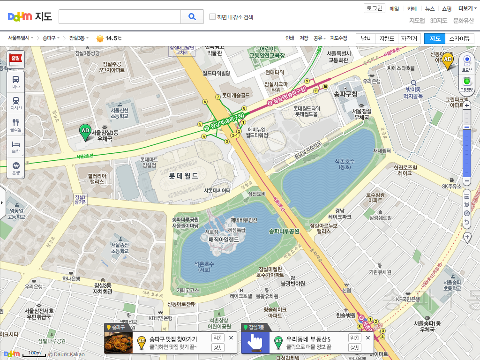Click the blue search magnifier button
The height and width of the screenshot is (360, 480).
coord(192,17)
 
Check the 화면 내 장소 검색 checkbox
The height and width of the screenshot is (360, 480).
coord(212,17)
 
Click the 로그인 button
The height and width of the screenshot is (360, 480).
coord(375,8)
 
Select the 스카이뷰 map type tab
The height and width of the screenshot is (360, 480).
coord(459,39)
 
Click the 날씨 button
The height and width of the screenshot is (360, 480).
coord(367,39)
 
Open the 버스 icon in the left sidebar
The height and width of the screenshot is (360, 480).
coord(16,82)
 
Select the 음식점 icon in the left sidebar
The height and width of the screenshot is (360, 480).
coord(16,125)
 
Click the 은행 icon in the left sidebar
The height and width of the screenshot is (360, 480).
coord(16,168)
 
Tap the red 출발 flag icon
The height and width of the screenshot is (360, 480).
coord(16,59)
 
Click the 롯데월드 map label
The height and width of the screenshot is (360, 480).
coord(183,176)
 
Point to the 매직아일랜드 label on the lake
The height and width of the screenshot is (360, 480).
coord(224,240)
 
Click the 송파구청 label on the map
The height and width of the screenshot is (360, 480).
coord(345,94)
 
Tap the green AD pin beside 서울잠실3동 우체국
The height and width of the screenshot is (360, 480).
coord(85,131)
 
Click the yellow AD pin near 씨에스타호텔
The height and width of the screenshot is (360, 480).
coord(448,60)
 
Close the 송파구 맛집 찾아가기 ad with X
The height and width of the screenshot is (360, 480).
coord(231,337)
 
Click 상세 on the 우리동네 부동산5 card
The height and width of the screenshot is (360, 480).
coord(355,347)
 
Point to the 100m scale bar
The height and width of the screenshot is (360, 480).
coord(34,355)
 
